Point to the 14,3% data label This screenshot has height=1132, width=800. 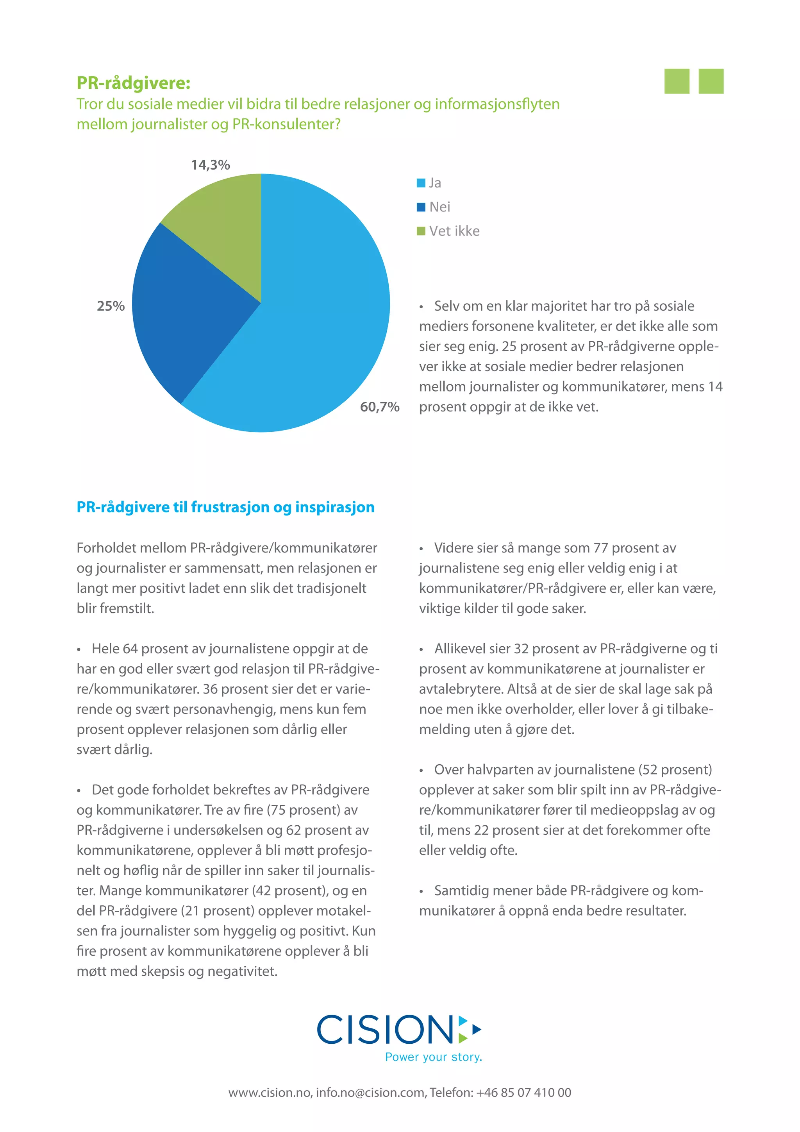coord(211,165)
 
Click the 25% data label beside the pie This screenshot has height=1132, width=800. coord(111,306)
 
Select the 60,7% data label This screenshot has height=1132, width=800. coord(380,407)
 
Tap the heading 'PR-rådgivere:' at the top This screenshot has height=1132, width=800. coord(133,83)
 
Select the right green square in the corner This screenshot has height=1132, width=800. coord(711,81)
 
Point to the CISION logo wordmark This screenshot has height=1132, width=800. coord(384,1030)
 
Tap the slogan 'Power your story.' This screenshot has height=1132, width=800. coord(433,1057)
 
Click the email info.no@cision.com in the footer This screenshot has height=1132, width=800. coord(371,1093)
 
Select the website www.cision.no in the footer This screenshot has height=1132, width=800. coord(269,1093)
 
